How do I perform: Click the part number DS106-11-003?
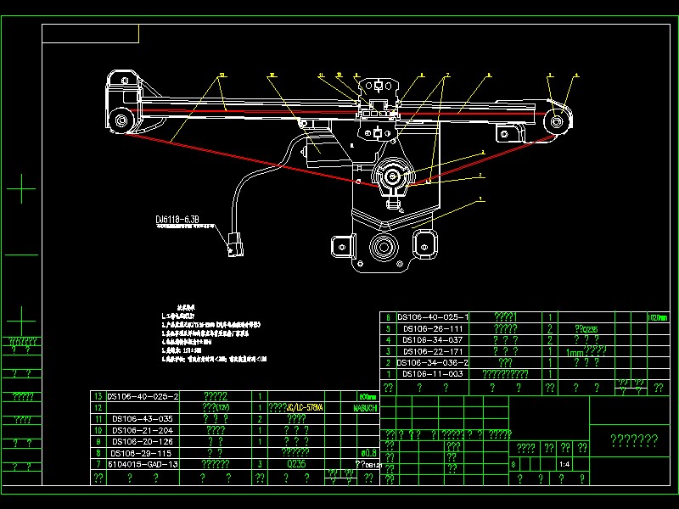pyautogui.click(x=432, y=374)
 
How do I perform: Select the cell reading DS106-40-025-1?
pyautogui.click(x=432, y=317)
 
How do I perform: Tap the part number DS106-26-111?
pyautogui.click(x=432, y=328)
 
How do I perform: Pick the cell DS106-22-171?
pyautogui.click(x=432, y=351)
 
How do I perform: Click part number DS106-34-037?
pyautogui.click(x=432, y=339)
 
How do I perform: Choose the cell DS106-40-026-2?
pyautogui.click(x=143, y=396)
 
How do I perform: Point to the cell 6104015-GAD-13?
pyautogui.click(x=143, y=465)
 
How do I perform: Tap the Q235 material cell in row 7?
pyautogui.click(x=296, y=465)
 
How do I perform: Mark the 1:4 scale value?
pyautogui.click(x=564, y=465)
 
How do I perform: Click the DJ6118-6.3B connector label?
pyautogui.click(x=177, y=220)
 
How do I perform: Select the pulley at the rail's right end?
pyautogui.click(x=557, y=120)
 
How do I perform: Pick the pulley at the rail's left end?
pyautogui.click(x=121, y=118)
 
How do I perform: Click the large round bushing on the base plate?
pyautogui.click(x=380, y=250)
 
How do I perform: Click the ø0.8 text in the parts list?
pyautogui.click(x=368, y=453)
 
